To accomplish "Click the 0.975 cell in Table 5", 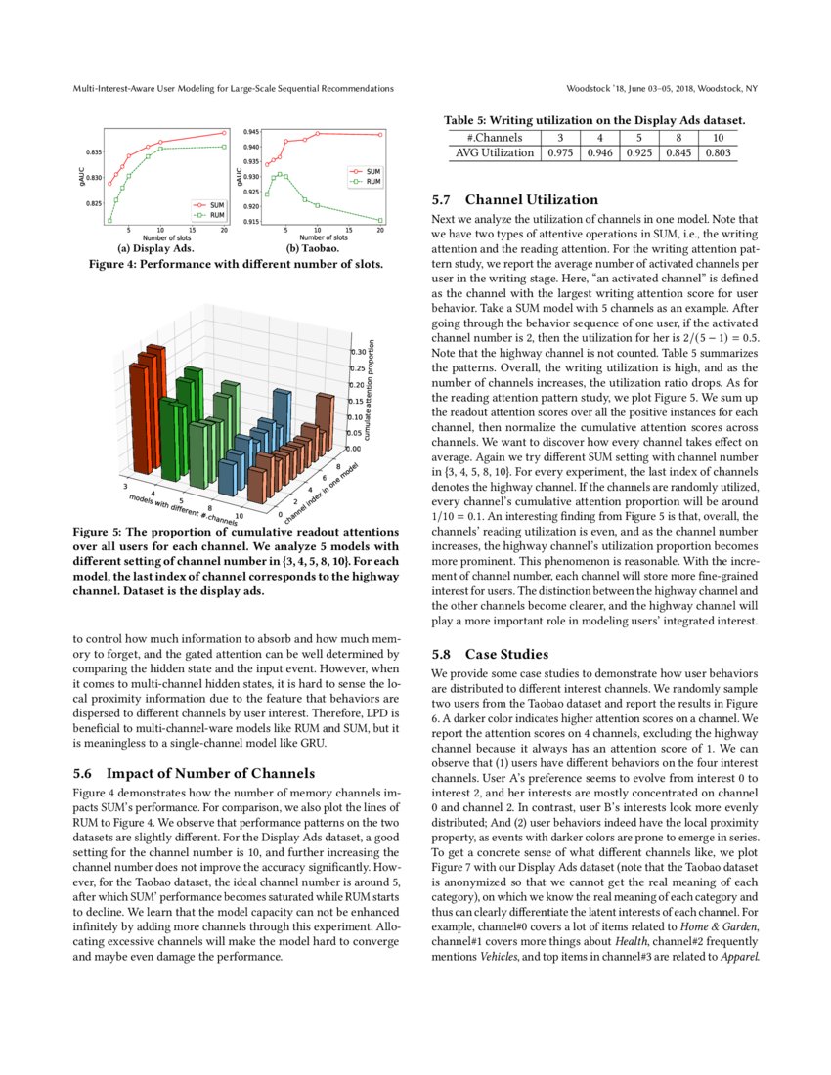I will coord(560,152).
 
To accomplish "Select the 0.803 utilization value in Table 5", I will coord(718,152).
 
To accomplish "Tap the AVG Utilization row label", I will coord(495,152).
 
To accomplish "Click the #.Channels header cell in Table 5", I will coord(495,138).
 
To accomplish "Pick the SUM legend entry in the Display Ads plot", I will coord(211,204).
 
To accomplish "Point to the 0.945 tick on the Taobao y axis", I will coord(250,131).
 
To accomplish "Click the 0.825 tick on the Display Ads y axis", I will coord(95,203).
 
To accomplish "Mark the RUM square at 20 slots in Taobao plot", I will coord(380,222).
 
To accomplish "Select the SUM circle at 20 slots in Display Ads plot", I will coord(224,132).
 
